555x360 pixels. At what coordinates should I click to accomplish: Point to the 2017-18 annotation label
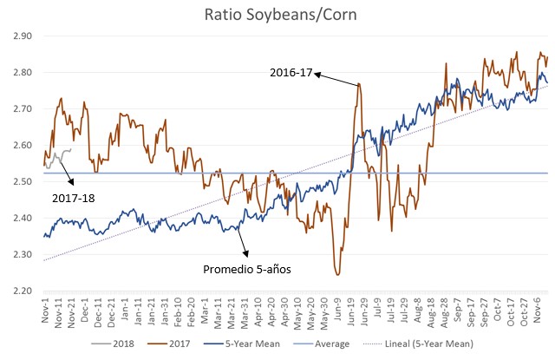(x=74, y=199)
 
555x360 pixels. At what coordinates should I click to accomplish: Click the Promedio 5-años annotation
(x=245, y=270)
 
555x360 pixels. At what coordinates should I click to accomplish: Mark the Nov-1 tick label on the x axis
(x=43, y=310)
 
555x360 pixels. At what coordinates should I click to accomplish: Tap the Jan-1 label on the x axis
(x=126, y=310)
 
